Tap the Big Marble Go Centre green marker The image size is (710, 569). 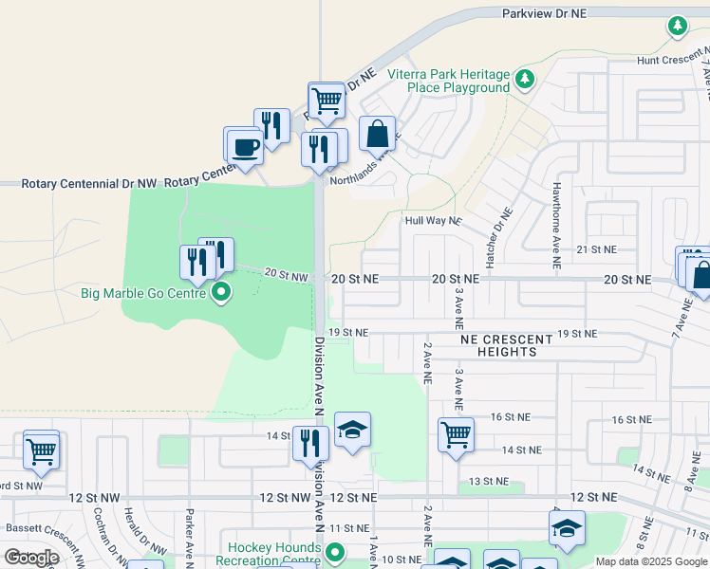221,292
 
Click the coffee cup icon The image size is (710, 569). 245,148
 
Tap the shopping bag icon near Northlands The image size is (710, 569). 377,134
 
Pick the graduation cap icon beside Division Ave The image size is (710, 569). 351,431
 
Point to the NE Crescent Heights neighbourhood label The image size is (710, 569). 506,345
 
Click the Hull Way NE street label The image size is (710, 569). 433,220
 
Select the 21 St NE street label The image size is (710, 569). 596,248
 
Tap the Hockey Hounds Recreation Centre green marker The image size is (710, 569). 333,552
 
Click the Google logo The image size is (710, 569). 31,558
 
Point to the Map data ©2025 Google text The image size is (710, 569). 651,561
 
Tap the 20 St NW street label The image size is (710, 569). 286,275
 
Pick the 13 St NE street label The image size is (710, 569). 490,481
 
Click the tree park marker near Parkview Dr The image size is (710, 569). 678,27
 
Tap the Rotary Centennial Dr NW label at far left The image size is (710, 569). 91,182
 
